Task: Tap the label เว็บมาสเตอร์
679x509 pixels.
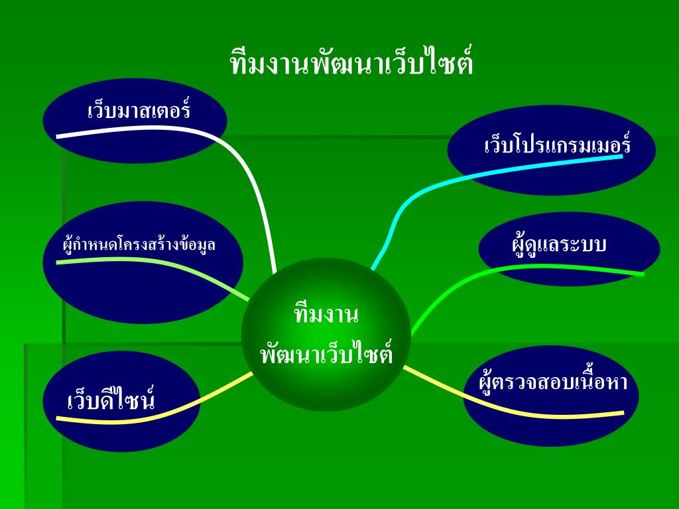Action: tap(139, 110)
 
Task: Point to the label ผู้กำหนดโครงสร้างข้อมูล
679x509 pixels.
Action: tap(139, 245)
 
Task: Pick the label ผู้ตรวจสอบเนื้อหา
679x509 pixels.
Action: tap(553, 382)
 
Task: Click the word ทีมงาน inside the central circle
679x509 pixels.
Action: tap(326, 313)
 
